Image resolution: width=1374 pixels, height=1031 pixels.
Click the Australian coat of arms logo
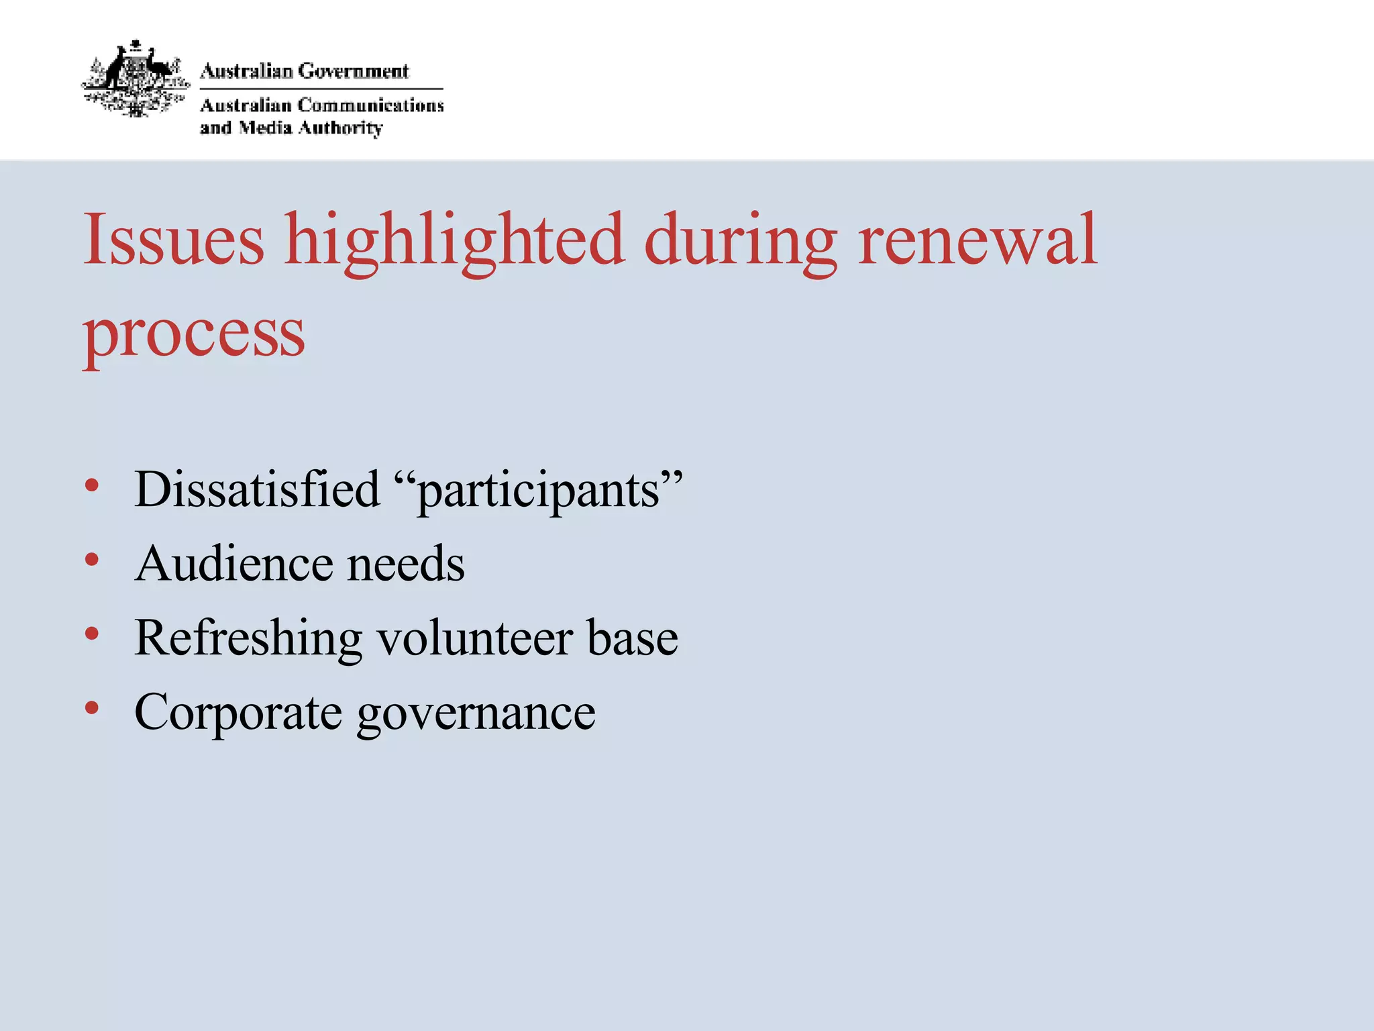[136, 79]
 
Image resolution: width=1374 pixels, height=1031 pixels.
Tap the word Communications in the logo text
[370, 105]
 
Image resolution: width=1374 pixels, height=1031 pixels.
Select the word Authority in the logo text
[340, 128]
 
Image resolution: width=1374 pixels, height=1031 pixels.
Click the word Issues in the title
[174, 239]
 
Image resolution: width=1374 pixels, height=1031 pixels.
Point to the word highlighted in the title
[454, 242]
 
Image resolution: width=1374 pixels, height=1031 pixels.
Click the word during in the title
[741, 242]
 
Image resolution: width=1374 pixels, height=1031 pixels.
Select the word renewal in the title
[977, 239]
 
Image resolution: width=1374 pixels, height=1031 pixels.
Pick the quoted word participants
[539, 491]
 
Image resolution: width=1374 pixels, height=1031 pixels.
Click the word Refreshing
[248, 638]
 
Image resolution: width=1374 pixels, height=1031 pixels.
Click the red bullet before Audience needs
[92, 559]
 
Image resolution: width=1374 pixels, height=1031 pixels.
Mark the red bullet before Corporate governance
[92, 707]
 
